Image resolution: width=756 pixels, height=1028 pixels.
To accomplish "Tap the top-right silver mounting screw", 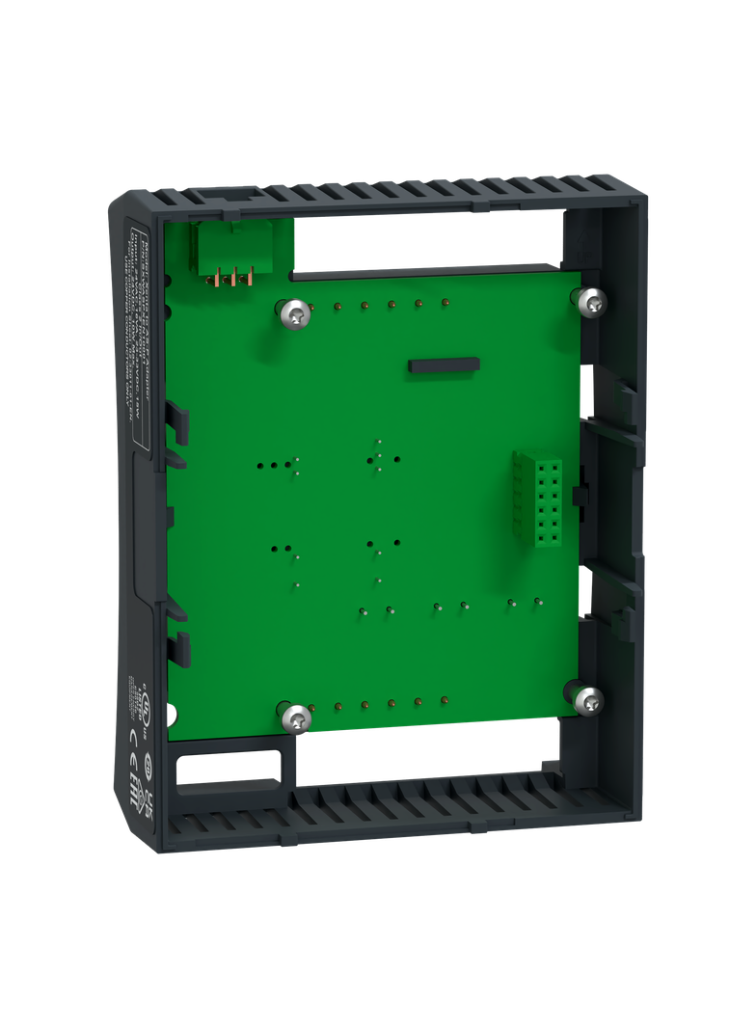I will click(x=592, y=302).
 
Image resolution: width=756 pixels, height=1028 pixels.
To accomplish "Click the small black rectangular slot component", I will click(x=444, y=365).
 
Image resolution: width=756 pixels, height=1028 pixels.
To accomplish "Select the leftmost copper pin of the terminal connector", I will click(x=218, y=279).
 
